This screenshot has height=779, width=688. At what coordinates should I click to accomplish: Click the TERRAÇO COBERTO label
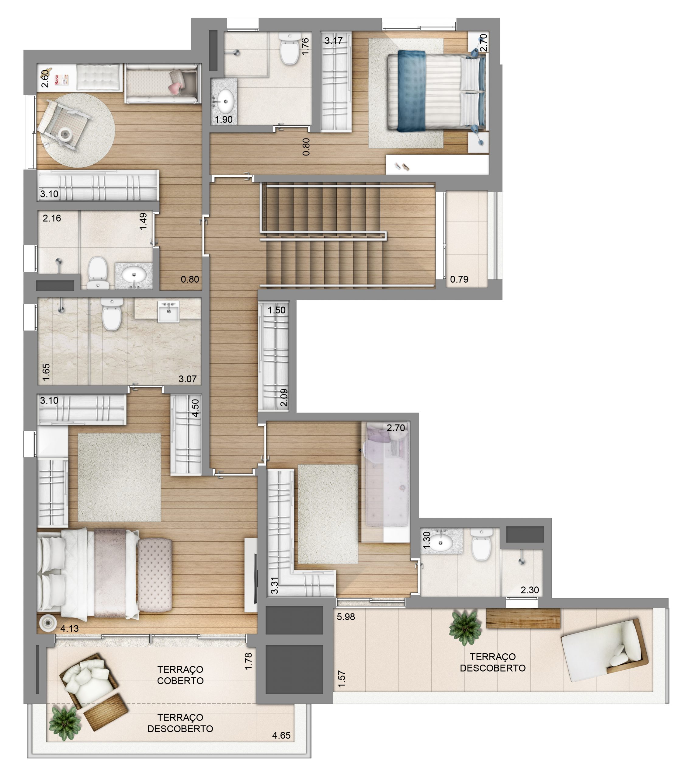[x=180, y=675]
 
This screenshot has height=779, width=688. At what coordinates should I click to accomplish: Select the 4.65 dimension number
[x=281, y=735]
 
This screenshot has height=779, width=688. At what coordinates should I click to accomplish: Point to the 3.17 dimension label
[x=333, y=40]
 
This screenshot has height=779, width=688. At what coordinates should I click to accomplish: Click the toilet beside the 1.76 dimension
[x=290, y=48]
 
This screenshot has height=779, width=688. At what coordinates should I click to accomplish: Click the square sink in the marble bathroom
[x=169, y=312]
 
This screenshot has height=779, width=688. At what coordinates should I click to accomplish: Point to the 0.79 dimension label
[x=459, y=279]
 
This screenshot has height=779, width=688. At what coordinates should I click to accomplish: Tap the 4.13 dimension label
[x=69, y=628]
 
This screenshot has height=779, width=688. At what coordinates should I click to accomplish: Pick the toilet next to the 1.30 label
[x=481, y=544]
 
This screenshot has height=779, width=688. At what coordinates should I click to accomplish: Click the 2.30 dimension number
[x=530, y=590]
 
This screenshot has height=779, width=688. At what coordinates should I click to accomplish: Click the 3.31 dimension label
[x=274, y=585]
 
